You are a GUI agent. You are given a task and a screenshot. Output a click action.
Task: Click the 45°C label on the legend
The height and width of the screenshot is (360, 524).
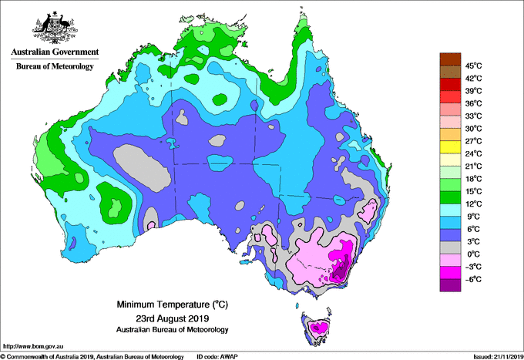point(472,66)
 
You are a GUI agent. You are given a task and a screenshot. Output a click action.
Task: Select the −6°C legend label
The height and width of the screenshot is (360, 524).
point(472,278)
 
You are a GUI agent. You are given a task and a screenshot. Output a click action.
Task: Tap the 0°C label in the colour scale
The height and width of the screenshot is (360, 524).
point(472,254)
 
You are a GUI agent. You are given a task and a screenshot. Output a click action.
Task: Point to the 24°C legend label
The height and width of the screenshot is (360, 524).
point(472,153)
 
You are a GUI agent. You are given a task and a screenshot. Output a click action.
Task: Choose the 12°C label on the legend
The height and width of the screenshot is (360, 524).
point(472,204)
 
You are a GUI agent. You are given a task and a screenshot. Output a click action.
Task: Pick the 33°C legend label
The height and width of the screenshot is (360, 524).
point(472,116)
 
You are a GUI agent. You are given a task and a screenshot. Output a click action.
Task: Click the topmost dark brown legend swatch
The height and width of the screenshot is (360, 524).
point(449,59)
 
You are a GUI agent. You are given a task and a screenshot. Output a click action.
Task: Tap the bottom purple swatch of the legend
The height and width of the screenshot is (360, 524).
point(449,285)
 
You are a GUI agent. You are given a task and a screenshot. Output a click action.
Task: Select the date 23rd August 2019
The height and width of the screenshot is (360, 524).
point(173,318)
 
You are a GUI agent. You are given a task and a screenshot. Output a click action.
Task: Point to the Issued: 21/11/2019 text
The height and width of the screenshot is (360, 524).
point(495,356)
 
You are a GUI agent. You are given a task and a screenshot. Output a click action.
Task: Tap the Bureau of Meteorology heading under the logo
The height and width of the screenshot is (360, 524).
point(54,67)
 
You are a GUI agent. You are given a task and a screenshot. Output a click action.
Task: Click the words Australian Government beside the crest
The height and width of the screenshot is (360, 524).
point(54,52)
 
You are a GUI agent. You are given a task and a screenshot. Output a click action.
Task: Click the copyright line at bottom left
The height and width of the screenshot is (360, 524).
point(92,356)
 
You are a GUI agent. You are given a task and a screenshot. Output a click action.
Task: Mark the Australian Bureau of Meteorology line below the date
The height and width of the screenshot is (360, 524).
point(173,330)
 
